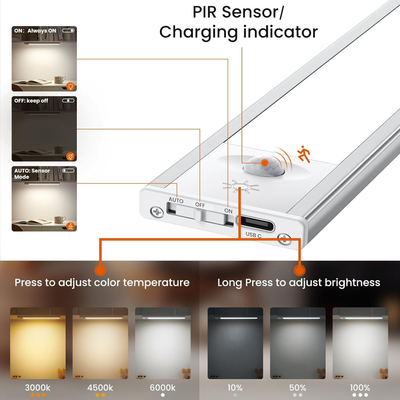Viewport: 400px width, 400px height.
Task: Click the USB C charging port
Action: (x=256, y=223)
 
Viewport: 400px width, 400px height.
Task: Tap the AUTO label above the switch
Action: (x=176, y=200)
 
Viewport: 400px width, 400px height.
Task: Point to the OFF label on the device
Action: (x=200, y=205)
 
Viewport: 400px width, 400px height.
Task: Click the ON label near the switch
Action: (x=228, y=211)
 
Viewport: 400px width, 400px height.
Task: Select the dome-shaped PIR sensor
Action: (x=264, y=166)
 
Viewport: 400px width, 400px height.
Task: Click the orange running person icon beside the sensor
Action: (x=304, y=154)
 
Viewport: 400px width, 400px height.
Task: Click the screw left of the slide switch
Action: (x=157, y=212)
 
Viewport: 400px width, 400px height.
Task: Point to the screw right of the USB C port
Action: (x=284, y=239)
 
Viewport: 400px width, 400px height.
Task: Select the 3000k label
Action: (x=38, y=388)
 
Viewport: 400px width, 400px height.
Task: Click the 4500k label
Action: (x=100, y=388)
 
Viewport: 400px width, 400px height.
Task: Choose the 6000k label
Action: (x=162, y=388)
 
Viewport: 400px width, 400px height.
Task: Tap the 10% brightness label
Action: (x=235, y=388)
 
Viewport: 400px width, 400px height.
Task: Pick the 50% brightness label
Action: (x=298, y=388)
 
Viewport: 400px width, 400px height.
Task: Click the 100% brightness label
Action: (x=360, y=388)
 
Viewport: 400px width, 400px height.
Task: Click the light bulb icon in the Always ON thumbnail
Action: (x=70, y=86)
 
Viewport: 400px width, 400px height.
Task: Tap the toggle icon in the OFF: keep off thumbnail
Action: (x=68, y=100)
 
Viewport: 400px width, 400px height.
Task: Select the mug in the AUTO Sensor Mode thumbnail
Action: (x=60, y=220)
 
